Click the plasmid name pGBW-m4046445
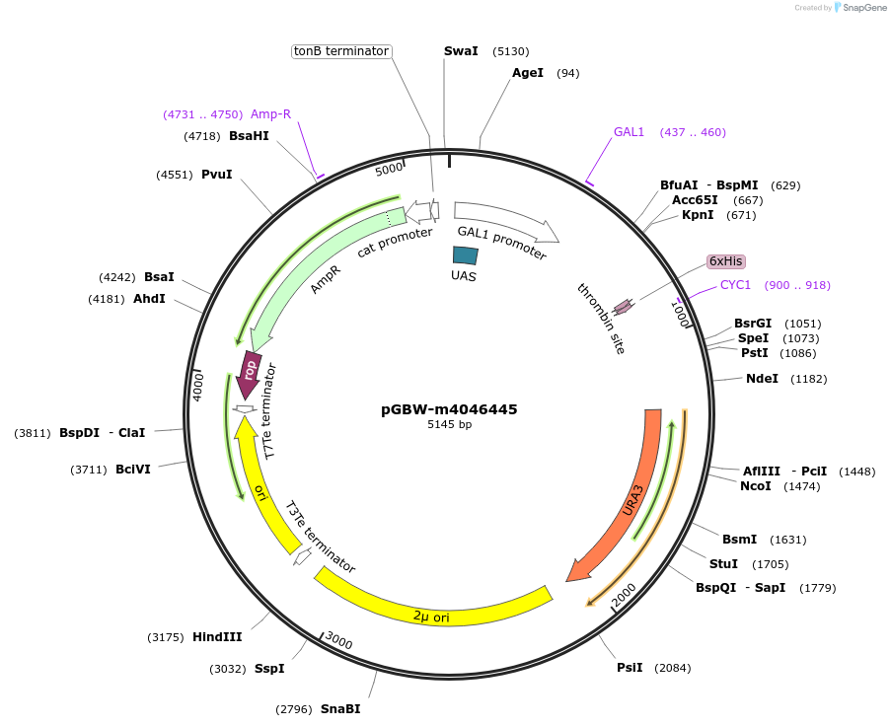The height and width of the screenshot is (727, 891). click(x=449, y=409)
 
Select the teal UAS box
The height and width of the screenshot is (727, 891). click(x=465, y=255)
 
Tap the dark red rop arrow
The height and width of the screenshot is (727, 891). click(x=251, y=376)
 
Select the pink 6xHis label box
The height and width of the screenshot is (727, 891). click(x=725, y=261)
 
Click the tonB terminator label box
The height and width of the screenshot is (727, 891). click(x=341, y=51)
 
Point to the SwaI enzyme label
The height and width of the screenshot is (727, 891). click(x=461, y=51)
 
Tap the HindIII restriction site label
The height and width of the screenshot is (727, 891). click(x=217, y=637)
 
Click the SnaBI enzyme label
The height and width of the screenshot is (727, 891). click(x=340, y=709)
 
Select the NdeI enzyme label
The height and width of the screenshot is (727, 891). click(x=762, y=379)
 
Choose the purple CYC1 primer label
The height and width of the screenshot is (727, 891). click(x=735, y=285)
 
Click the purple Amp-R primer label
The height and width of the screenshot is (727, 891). click(x=270, y=114)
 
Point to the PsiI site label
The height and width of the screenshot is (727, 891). click(x=630, y=668)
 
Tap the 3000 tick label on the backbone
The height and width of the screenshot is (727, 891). click(x=338, y=641)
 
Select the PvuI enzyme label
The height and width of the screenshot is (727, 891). click(x=217, y=175)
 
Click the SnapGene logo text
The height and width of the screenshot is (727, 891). click(x=864, y=8)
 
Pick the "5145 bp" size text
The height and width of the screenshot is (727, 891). click(x=449, y=425)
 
